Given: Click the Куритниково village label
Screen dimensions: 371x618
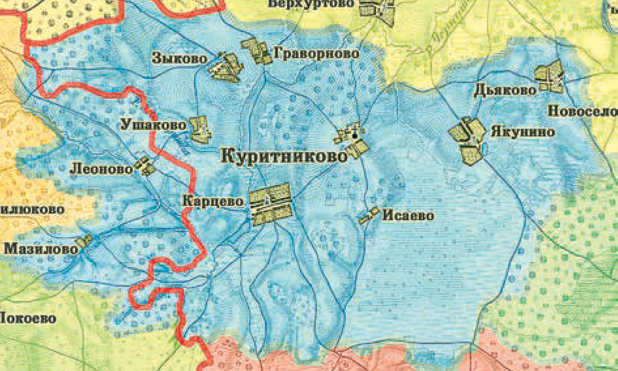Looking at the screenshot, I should tap(284, 157).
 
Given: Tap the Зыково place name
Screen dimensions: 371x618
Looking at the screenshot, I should tap(180, 59).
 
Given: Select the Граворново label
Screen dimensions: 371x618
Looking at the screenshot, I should tap(316, 54).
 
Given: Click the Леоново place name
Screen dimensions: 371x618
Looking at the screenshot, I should tap(101, 169).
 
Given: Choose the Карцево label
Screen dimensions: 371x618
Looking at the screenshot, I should tap(213, 201).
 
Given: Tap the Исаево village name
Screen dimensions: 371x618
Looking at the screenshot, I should tap(408, 216).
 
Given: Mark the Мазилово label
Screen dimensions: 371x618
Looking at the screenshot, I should tap(40, 249).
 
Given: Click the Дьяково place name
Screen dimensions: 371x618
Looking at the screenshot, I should tap(505, 90).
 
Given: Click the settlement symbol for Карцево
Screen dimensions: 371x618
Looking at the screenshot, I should tap(270, 204).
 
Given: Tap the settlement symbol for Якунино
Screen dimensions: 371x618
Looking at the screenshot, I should tap(468, 139).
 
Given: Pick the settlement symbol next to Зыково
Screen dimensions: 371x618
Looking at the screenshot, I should tap(226, 67).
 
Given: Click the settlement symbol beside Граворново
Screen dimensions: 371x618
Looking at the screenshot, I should tap(256, 50).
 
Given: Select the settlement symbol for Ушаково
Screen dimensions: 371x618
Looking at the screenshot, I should tap(201, 129).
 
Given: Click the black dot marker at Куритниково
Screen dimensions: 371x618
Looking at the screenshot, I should tap(355, 136).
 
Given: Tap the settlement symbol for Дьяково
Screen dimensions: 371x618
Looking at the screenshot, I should tap(550, 76).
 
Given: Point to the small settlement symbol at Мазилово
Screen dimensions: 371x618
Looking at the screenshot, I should tap(84, 241).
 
